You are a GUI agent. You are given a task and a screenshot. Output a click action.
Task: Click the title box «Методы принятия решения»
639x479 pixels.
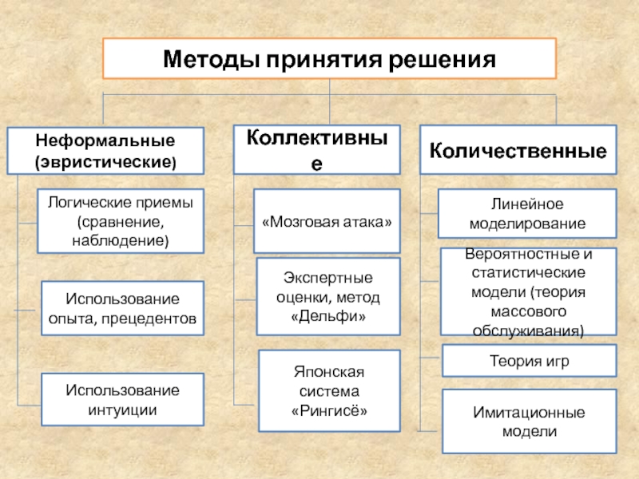tap(329, 60)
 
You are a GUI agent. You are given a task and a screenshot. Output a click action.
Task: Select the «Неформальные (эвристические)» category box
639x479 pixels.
tap(105, 151)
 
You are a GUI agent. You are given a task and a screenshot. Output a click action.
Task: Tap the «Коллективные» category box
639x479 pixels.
tap(317, 149)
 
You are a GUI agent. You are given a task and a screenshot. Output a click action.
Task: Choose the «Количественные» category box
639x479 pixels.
tap(518, 149)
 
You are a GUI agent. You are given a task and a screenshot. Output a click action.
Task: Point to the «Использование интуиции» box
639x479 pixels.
tap(111, 400)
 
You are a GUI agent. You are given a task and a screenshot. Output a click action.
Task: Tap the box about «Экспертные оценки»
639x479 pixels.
tap(327, 296)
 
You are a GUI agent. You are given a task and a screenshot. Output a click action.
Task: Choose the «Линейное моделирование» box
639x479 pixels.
tap(528, 214)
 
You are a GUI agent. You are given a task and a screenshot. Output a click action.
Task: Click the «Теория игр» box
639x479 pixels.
tap(528, 361)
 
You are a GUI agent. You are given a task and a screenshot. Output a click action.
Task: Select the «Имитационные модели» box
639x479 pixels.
tap(528, 422)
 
